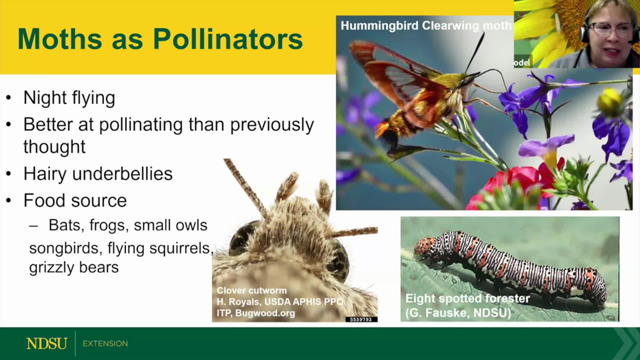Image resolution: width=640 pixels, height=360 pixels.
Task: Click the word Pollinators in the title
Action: pyautogui.click(x=228, y=39)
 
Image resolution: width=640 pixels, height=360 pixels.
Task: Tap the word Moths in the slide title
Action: pyautogui.click(x=60, y=39)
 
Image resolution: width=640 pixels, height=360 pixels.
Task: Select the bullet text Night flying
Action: pyautogui.click(x=69, y=98)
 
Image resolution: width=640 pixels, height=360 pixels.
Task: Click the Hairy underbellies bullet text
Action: pyautogui.click(x=98, y=174)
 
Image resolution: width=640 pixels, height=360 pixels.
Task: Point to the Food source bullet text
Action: pyautogui.click(x=75, y=200)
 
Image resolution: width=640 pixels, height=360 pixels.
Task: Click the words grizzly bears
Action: pyautogui.click(x=74, y=268)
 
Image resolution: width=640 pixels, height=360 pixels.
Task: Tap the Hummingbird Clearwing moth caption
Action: pyautogui.click(x=426, y=26)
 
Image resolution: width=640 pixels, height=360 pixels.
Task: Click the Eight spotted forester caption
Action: pyautogui.click(x=467, y=299)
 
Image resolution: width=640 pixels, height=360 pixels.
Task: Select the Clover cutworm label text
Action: pyautogui.click(x=252, y=290)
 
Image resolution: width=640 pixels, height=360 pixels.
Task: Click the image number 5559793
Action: pyautogui.click(x=361, y=319)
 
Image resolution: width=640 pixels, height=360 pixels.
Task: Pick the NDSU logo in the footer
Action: pyautogui.click(x=47, y=344)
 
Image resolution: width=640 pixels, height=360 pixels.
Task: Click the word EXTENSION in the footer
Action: pyautogui.click(x=105, y=344)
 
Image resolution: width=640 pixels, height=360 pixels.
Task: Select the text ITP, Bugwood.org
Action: pyautogui.click(x=256, y=313)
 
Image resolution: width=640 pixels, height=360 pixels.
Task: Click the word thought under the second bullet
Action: pyautogui.click(x=54, y=147)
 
